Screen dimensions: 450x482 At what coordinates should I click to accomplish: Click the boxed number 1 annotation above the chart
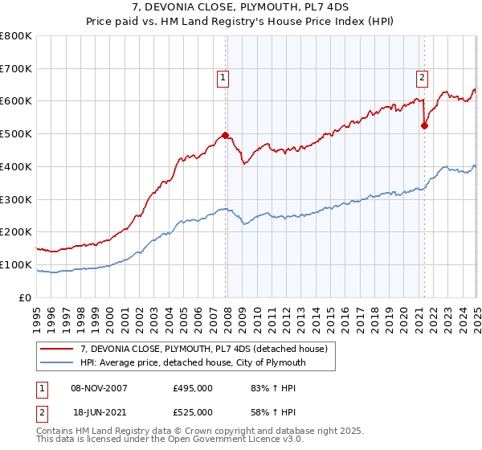click(x=222, y=78)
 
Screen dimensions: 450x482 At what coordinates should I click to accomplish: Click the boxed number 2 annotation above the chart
click(x=422, y=78)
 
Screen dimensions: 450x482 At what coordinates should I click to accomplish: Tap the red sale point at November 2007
click(x=225, y=135)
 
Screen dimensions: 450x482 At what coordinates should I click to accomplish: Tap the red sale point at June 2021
click(x=425, y=125)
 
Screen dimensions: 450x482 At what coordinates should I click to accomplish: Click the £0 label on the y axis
click(x=25, y=297)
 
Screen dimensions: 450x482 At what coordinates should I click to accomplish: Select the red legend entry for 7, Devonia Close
click(x=200, y=350)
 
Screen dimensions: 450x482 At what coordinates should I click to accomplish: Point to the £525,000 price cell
click(x=193, y=412)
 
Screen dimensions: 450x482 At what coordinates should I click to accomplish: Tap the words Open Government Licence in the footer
click(x=241, y=441)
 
